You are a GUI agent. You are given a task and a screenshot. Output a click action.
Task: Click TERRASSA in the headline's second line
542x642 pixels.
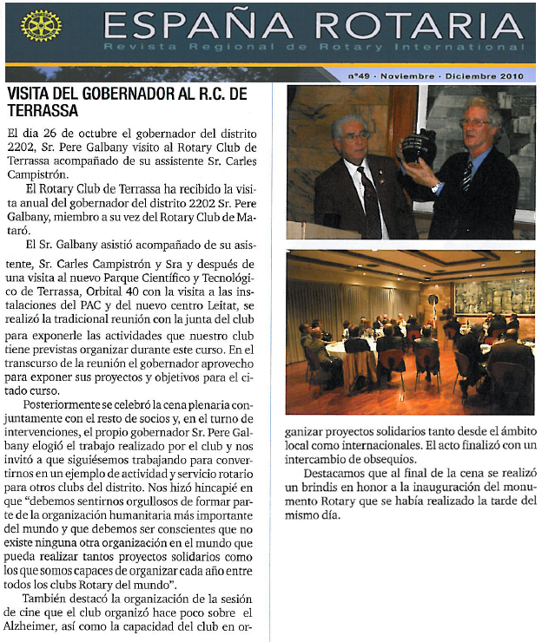[42, 110]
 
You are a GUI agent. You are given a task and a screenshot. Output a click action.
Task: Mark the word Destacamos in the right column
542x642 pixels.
[337, 473]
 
